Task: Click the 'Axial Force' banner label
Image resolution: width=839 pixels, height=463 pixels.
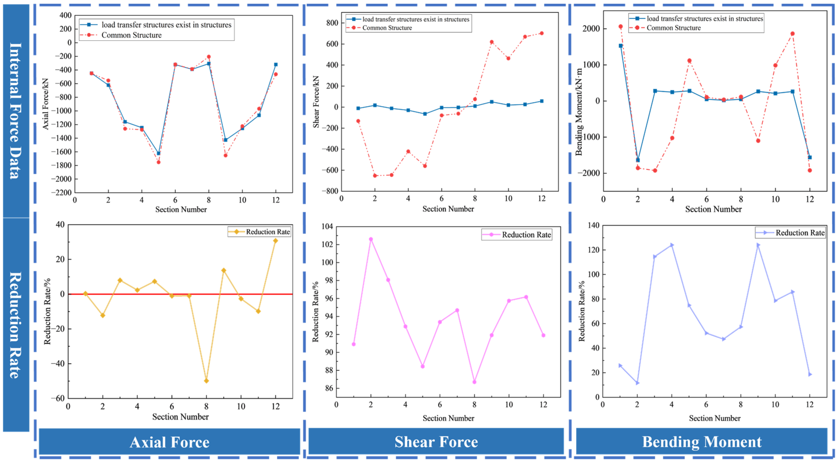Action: tap(169, 442)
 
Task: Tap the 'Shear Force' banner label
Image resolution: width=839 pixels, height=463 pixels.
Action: tap(436, 441)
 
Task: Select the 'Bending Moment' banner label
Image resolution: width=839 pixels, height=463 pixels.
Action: tap(702, 441)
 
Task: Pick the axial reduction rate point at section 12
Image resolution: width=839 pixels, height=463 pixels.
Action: tap(275, 241)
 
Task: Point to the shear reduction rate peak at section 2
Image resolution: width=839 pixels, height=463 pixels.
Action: tap(371, 239)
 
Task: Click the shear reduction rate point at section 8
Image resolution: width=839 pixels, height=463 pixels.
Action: tap(474, 382)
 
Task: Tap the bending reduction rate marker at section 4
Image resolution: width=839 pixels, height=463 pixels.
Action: tap(672, 245)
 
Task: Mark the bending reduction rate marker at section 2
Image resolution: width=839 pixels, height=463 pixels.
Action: tap(637, 383)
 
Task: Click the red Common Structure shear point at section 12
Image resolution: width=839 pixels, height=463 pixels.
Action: tap(542, 33)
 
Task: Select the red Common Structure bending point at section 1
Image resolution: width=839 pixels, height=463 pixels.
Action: tap(620, 27)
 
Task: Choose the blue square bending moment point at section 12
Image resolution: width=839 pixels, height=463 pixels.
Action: tap(810, 157)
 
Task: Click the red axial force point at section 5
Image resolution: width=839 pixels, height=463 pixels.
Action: tap(159, 162)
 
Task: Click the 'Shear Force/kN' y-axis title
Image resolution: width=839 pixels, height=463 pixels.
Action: tap(316, 102)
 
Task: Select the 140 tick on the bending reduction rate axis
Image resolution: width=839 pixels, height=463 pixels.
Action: tap(593, 225)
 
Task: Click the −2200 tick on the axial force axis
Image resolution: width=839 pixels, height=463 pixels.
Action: tap(61, 193)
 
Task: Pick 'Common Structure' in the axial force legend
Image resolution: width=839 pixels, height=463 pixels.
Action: tap(131, 35)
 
